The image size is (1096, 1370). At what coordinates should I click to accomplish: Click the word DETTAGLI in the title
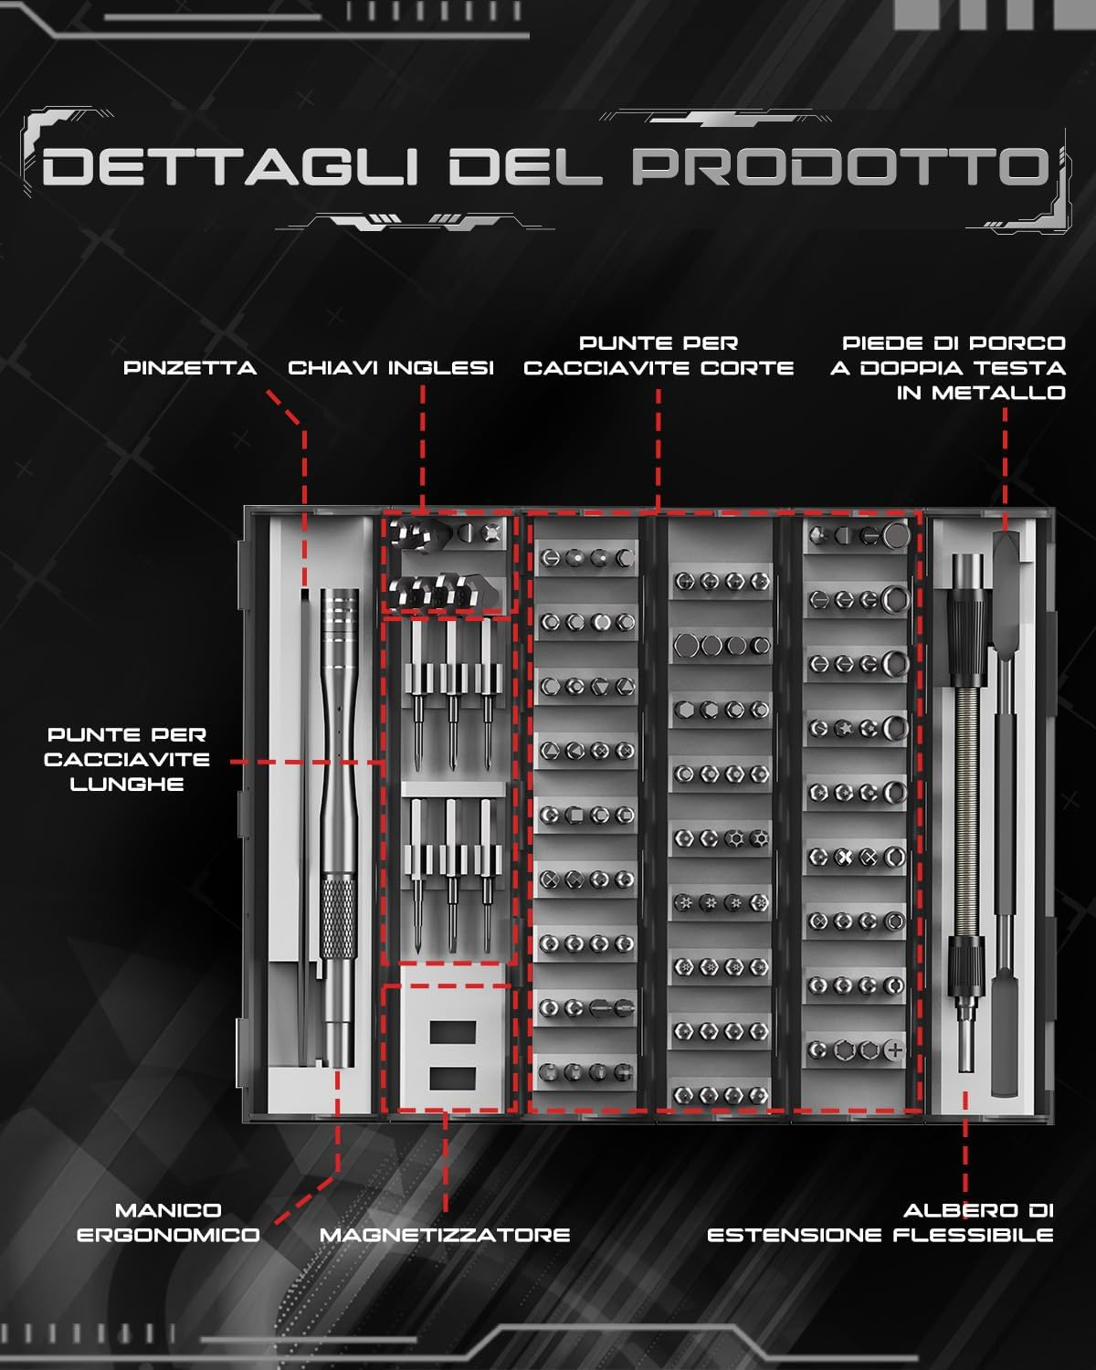click(x=229, y=167)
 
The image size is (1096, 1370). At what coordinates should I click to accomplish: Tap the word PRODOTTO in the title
click(x=840, y=167)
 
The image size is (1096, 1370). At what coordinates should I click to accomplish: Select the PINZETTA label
click(x=190, y=368)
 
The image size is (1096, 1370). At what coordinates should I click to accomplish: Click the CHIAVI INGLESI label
click(x=391, y=368)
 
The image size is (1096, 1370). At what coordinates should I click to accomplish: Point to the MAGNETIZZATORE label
click(x=445, y=1235)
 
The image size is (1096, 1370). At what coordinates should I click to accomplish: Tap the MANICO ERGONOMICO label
click(x=168, y=1222)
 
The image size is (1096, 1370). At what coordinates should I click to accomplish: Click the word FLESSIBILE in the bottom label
click(x=973, y=1235)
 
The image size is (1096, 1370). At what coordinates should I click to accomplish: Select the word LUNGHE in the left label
click(x=127, y=785)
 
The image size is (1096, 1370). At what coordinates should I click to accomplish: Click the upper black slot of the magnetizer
click(x=452, y=1032)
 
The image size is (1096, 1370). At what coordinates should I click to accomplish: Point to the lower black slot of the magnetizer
click(x=452, y=1079)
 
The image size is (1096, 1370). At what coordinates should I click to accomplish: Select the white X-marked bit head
click(x=844, y=858)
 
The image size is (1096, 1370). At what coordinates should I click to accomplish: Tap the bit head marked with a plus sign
click(x=895, y=1049)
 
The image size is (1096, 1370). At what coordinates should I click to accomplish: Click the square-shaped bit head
click(x=575, y=815)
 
